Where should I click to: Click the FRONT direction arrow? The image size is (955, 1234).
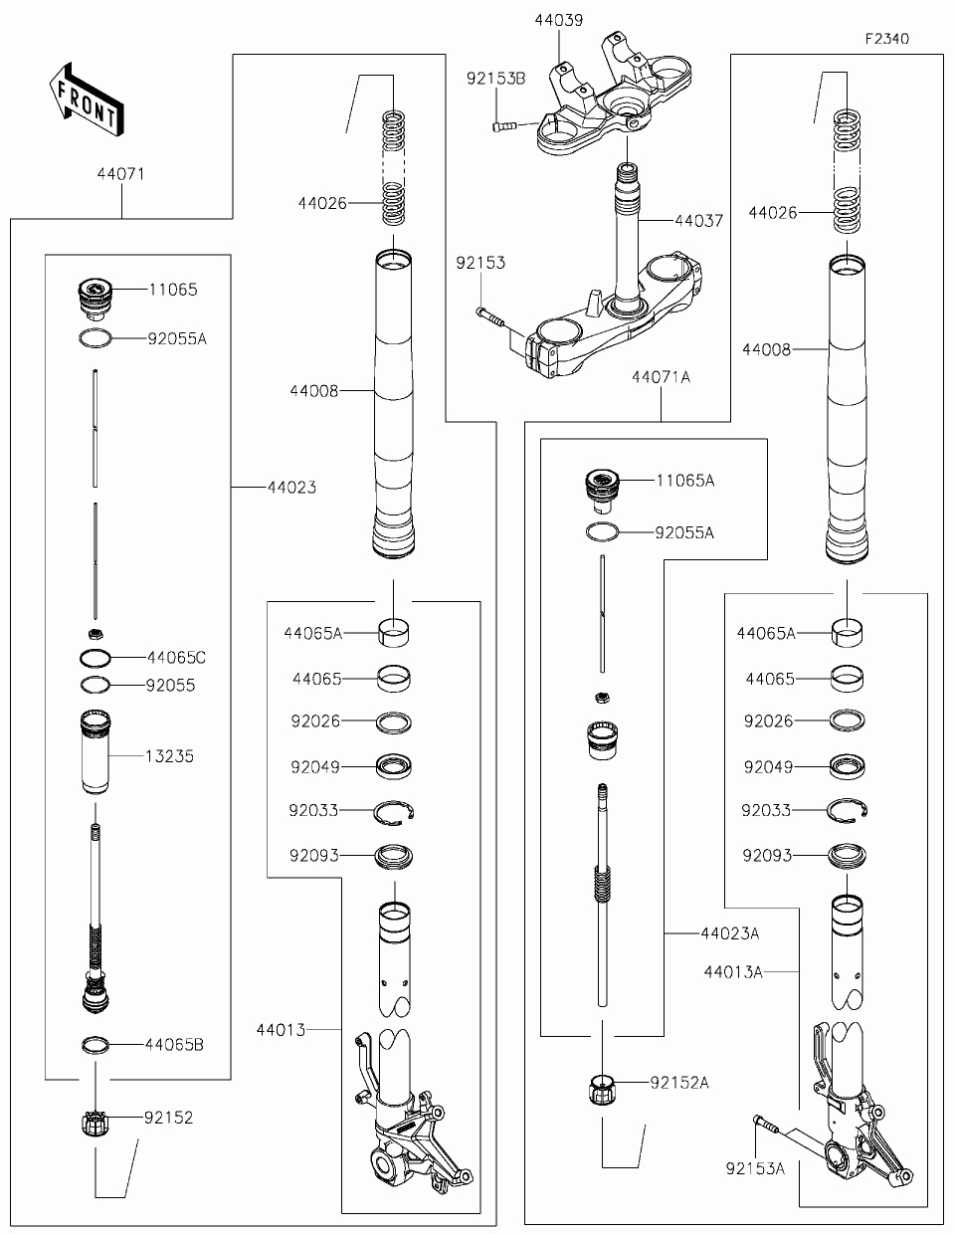pyautogui.click(x=87, y=100)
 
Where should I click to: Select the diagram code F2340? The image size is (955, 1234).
pyautogui.click(x=887, y=39)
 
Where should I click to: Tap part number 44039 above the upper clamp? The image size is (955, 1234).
pyautogui.click(x=558, y=21)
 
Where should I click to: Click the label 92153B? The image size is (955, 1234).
pyautogui.click(x=496, y=79)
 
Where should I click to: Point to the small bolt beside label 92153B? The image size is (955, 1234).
pyautogui.click(x=502, y=126)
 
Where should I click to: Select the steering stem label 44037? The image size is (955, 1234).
pyautogui.click(x=698, y=220)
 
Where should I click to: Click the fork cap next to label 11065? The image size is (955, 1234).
pyautogui.click(x=95, y=297)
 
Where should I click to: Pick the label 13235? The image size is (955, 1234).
pyautogui.click(x=169, y=756)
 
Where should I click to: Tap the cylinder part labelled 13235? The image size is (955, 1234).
pyautogui.click(x=95, y=752)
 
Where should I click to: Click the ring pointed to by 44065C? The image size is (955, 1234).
pyautogui.click(x=95, y=658)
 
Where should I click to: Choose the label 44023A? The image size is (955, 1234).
pyautogui.click(x=730, y=933)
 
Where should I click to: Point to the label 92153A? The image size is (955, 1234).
pyautogui.click(x=755, y=1168)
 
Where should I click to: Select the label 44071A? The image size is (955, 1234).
pyautogui.click(x=662, y=376)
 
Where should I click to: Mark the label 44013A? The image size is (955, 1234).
pyautogui.click(x=733, y=971)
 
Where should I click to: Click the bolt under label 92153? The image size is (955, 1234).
pyautogui.click(x=490, y=316)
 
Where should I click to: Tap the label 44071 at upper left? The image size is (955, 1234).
pyautogui.click(x=120, y=174)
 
